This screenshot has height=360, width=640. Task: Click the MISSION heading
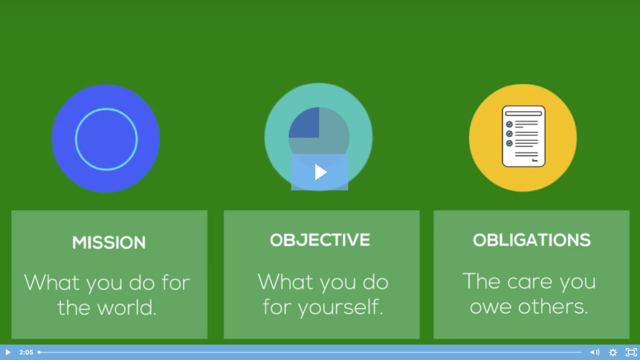pyautogui.click(x=109, y=242)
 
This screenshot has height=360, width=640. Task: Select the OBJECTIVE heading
pyautogui.click(x=320, y=240)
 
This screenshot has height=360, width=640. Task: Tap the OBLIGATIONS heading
pyautogui.click(x=531, y=240)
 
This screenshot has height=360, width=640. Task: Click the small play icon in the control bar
pyautogui.click(x=7, y=352)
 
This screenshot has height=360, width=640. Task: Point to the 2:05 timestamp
pyautogui.click(x=26, y=352)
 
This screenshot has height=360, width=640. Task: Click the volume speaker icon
pyautogui.click(x=595, y=352)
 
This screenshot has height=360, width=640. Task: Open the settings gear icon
pyautogui.click(x=613, y=352)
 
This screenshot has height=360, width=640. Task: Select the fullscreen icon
pyautogui.click(x=631, y=352)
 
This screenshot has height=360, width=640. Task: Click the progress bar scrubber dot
pyautogui.click(x=39, y=352)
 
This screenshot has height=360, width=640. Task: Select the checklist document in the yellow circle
pyautogui.click(x=524, y=136)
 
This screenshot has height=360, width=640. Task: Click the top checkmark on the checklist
pyautogui.click(x=509, y=124)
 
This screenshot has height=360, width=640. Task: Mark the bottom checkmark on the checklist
pyautogui.click(x=509, y=143)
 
